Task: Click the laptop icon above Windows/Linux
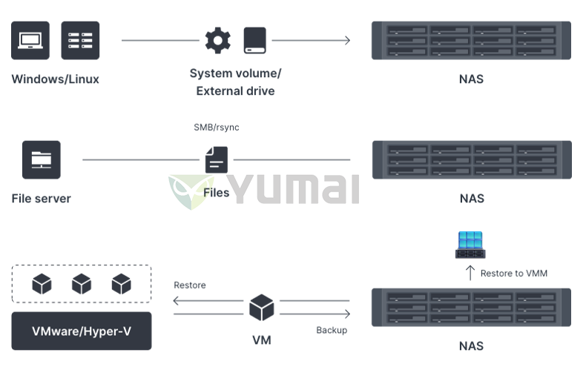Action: tap(30, 40)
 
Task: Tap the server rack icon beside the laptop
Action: tap(80, 40)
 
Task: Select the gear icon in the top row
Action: tap(218, 40)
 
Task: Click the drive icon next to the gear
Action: tap(255, 40)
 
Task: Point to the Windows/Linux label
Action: tap(55, 79)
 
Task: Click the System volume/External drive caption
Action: tap(235, 82)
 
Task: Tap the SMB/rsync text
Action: tap(217, 128)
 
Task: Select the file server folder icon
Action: tap(42, 159)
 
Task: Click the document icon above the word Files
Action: tap(217, 159)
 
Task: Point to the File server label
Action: tap(42, 199)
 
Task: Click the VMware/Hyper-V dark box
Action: tap(82, 331)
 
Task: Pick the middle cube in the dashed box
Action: tap(82, 283)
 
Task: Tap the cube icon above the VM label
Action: tap(261, 307)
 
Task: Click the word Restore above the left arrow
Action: tap(190, 285)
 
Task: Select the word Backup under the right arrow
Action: tap(332, 330)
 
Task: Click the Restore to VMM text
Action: tap(514, 274)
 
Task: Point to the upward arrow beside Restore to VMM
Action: tap(470, 273)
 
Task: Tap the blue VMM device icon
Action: tap(470, 245)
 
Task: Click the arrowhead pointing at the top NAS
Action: tap(347, 40)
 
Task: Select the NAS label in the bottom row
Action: tap(472, 346)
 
